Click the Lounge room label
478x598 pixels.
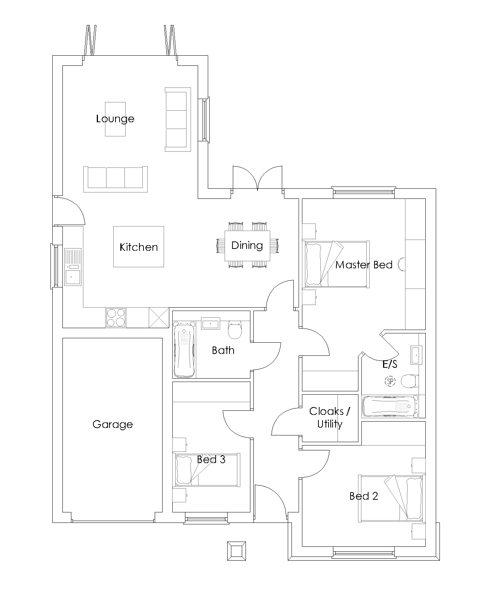point(115,119)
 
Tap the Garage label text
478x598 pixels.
point(112,424)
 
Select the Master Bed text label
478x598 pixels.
point(364,265)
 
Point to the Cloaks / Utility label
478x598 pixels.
point(330,417)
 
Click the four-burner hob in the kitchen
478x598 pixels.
point(116,317)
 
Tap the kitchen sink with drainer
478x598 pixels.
point(73,267)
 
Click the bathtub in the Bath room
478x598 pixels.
point(184,349)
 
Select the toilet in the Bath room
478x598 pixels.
point(235,330)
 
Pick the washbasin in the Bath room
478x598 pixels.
point(210,323)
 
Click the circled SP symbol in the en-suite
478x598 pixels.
point(390,381)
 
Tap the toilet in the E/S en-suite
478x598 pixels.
point(410,381)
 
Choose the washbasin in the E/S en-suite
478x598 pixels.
point(416,355)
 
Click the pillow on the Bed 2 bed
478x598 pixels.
point(414,498)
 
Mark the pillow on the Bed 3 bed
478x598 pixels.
point(184,470)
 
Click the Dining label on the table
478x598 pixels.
point(247,246)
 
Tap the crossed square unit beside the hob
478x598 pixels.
point(159,317)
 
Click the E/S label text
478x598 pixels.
point(390,364)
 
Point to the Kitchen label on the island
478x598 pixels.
point(139,247)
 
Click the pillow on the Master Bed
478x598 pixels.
point(313,264)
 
